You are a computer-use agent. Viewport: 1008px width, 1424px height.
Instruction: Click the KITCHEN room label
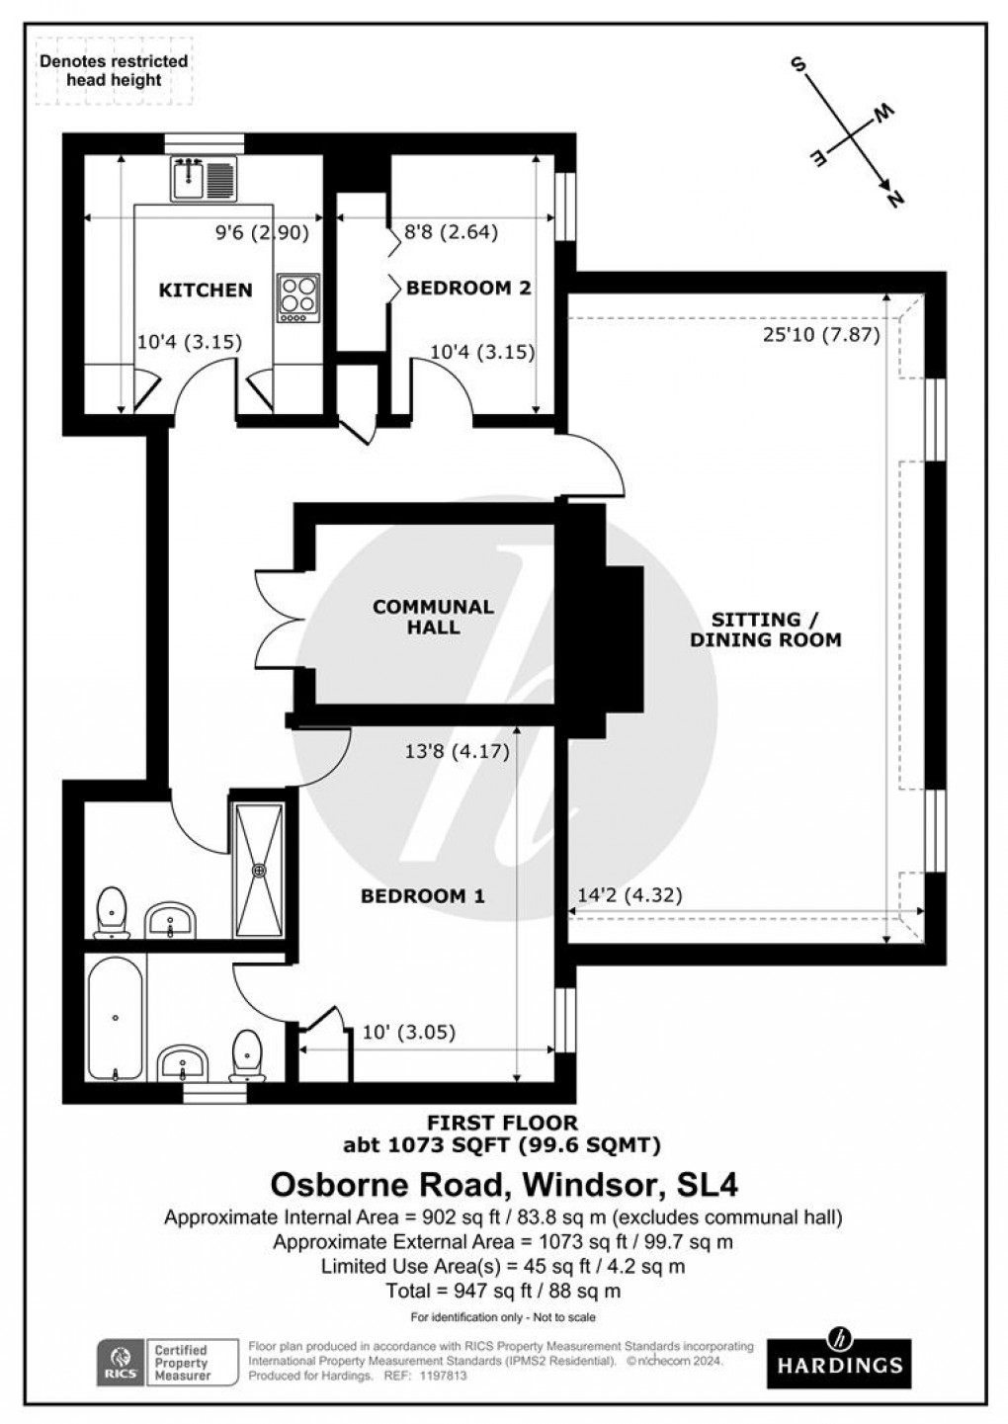(x=206, y=290)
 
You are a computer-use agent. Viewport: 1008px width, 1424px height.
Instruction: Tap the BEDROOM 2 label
(x=468, y=288)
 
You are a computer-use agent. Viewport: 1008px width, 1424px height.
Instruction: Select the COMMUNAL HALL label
(x=433, y=617)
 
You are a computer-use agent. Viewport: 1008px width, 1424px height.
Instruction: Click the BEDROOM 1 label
(x=422, y=896)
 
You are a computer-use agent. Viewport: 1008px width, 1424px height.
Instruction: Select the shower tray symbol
(x=261, y=871)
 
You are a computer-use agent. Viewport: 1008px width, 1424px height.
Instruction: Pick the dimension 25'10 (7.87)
(x=820, y=334)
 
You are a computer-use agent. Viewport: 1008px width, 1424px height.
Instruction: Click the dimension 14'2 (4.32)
(x=629, y=895)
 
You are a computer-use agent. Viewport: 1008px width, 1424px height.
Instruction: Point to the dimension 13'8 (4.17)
(x=457, y=751)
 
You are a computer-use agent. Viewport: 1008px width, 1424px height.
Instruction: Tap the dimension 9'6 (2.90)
(x=263, y=233)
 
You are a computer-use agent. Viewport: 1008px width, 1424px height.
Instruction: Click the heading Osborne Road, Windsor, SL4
(x=504, y=1183)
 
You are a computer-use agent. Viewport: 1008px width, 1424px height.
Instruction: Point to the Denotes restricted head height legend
(x=114, y=70)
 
